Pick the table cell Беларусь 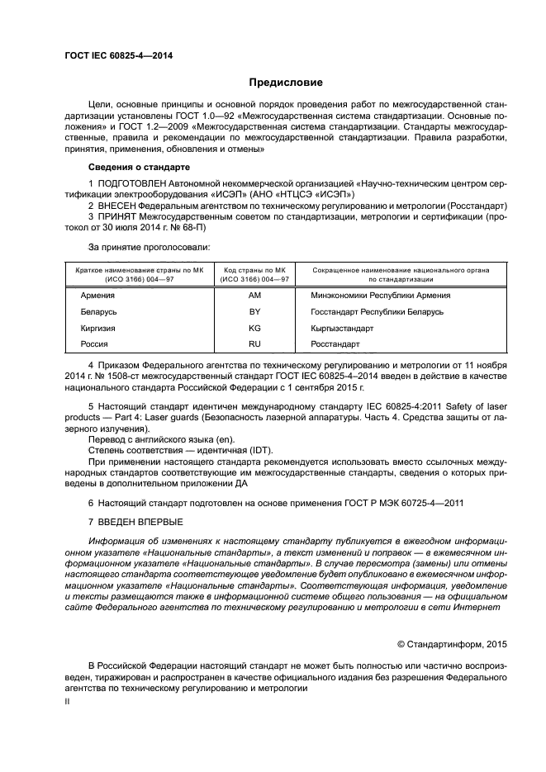99,312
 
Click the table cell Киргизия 98,328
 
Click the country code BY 254,312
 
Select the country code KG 254,328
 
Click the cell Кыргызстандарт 341,328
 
